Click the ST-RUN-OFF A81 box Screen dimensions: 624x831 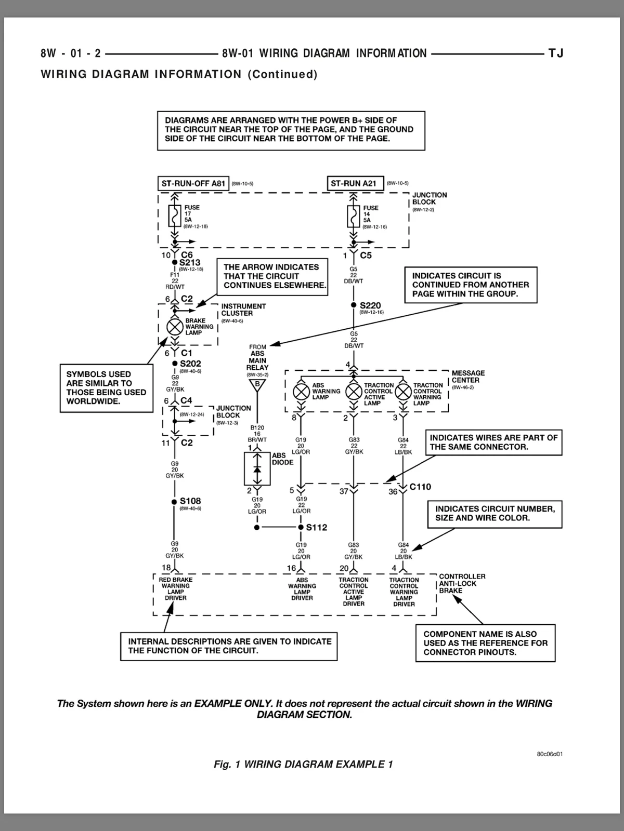click(193, 184)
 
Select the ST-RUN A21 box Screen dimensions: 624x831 click(355, 184)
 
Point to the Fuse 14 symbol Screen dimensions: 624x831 click(354, 216)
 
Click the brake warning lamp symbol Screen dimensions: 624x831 click(175, 327)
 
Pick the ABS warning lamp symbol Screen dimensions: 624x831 click(301, 392)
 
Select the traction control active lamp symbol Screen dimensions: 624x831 click(354, 392)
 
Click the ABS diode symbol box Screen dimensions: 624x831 click(257, 468)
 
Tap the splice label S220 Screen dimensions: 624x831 click(370, 305)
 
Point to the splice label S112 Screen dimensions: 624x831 click(316, 527)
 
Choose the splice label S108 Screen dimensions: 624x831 click(190, 501)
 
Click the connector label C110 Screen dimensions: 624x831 click(420, 487)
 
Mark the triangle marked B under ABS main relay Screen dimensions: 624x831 click(257, 385)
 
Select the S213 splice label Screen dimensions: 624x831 click(190, 262)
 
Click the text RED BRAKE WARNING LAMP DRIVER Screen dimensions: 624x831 click(175, 588)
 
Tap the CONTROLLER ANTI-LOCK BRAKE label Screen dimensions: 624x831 click(462, 583)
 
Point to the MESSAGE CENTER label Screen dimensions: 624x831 click(468, 377)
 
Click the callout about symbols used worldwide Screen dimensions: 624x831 click(107, 388)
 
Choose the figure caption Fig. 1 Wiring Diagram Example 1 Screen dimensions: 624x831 click(303, 765)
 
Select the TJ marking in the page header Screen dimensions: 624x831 click(556, 53)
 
